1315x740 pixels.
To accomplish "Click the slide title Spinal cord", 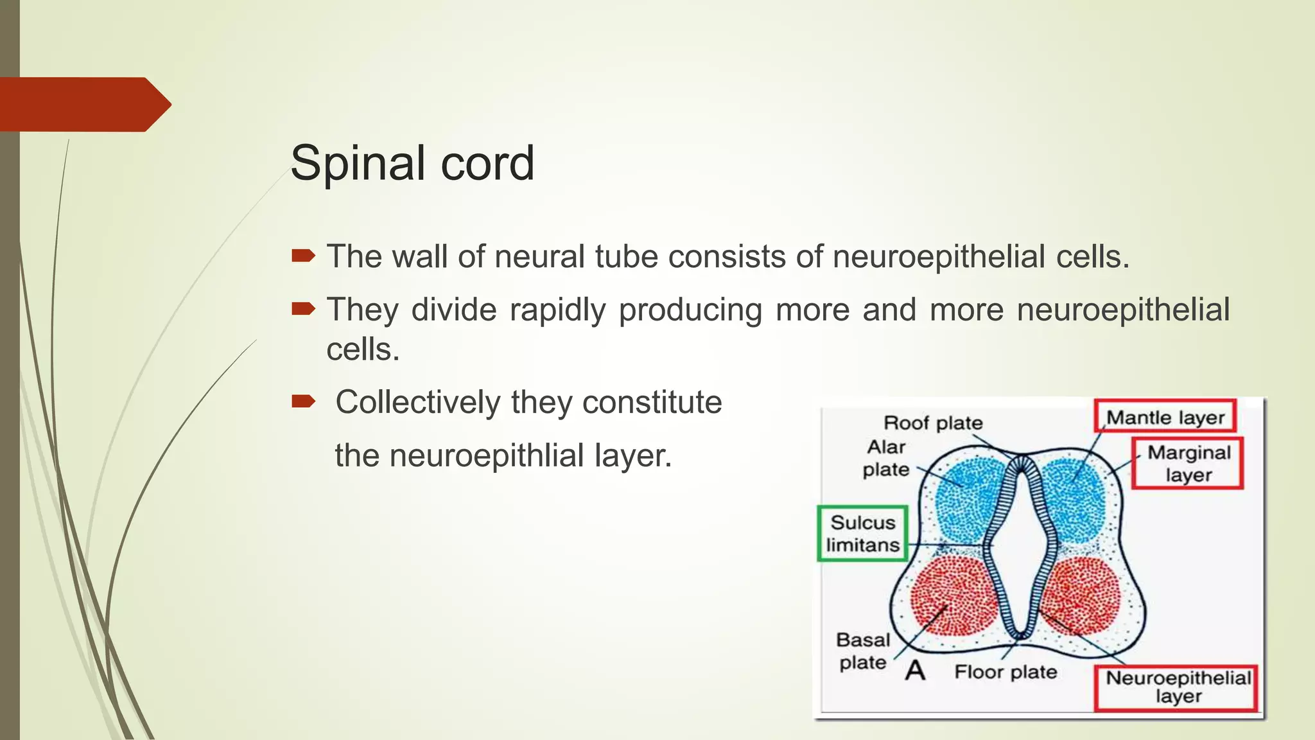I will (412, 163).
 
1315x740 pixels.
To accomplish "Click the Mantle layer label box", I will (1165, 417).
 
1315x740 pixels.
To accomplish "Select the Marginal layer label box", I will (1188, 463).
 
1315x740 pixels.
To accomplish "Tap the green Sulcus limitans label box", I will (862, 533).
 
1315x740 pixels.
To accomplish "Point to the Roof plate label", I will (933, 423).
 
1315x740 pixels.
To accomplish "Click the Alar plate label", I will (886, 458).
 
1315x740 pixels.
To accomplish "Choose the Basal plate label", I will (863, 651).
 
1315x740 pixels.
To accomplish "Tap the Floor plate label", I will (1006, 672).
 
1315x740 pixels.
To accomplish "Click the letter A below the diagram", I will (915, 671).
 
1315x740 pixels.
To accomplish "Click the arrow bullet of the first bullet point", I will (303, 256).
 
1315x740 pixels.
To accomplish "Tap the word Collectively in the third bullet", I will (418, 403).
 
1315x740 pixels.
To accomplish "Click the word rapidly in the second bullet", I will (557, 310).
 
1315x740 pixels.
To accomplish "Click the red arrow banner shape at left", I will (83, 104).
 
